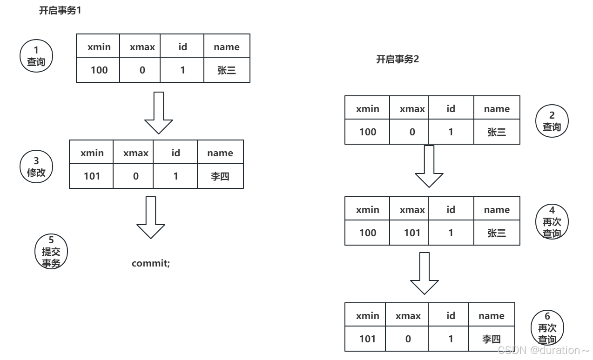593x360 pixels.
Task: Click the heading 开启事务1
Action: point(60,10)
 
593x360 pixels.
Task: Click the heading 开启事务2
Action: point(398,59)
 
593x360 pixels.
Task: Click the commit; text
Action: point(151,263)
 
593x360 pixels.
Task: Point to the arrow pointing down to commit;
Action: point(151,217)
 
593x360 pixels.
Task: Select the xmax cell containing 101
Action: point(409,233)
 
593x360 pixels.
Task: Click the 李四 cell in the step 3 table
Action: point(220,176)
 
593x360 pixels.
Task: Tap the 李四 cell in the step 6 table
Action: point(492,339)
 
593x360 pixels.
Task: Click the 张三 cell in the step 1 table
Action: point(227,70)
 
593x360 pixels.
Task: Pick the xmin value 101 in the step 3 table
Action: point(91,176)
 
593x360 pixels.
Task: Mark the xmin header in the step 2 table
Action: point(367,108)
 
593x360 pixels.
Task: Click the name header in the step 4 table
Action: point(497,209)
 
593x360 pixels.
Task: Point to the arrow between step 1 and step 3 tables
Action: point(159,113)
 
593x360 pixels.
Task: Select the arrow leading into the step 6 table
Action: point(425,273)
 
